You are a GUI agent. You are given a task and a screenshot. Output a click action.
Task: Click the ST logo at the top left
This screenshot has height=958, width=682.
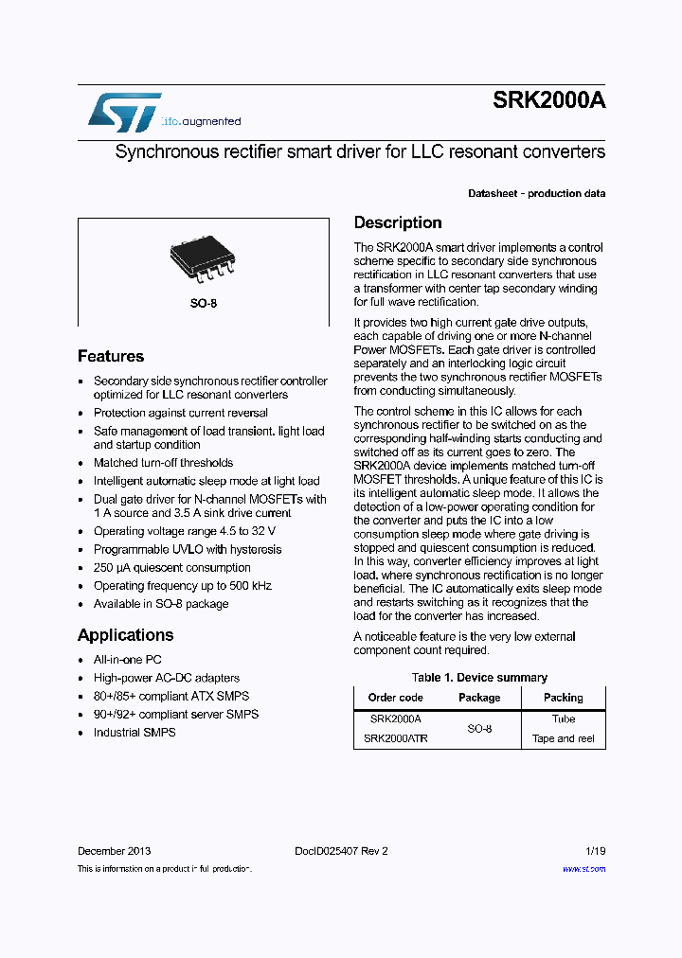(x=124, y=112)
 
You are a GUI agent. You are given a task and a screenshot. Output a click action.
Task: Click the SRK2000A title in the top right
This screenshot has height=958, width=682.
(x=548, y=102)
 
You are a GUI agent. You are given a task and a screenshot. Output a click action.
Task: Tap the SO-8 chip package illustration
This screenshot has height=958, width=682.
(x=203, y=258)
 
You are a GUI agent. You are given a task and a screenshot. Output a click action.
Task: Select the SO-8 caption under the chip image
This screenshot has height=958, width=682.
(x=203, y=305)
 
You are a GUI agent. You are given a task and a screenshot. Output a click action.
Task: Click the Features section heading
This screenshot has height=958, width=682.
(x=111, y=357)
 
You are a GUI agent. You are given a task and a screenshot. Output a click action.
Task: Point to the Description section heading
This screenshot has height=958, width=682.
(x=398, y=223)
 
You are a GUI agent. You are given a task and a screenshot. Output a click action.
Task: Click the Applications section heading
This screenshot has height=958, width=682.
(x=125, y=635)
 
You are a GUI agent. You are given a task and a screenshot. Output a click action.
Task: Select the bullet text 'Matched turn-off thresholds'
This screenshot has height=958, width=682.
(x=163, y=463)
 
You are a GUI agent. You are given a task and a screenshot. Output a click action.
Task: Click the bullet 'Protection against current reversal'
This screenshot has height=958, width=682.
(x=180, y=413)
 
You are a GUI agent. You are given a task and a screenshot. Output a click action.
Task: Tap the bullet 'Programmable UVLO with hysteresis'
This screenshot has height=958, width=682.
(x=187, y=549)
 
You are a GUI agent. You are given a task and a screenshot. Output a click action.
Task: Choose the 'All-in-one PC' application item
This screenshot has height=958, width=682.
(x=128, y=660)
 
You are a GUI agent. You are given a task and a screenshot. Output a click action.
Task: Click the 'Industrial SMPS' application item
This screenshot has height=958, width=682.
(x=135, y=733)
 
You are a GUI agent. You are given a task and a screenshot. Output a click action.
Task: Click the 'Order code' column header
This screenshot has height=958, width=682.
(x=395, y=698)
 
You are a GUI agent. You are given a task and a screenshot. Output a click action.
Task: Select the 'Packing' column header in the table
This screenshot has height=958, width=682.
(x=563, y=698)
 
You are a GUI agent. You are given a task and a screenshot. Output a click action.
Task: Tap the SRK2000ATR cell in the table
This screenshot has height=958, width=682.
(x=395, y=738)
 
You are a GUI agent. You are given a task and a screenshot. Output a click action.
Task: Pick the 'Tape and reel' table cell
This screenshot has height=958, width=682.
(x=563, y=738)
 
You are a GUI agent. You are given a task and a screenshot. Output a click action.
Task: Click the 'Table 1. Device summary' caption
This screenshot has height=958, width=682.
(x=479, y=678)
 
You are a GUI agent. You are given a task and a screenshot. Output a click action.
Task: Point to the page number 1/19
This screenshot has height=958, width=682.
(x=594, y=851)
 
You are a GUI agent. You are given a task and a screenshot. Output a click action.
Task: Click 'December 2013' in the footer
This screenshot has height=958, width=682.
(x=114, y=851)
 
